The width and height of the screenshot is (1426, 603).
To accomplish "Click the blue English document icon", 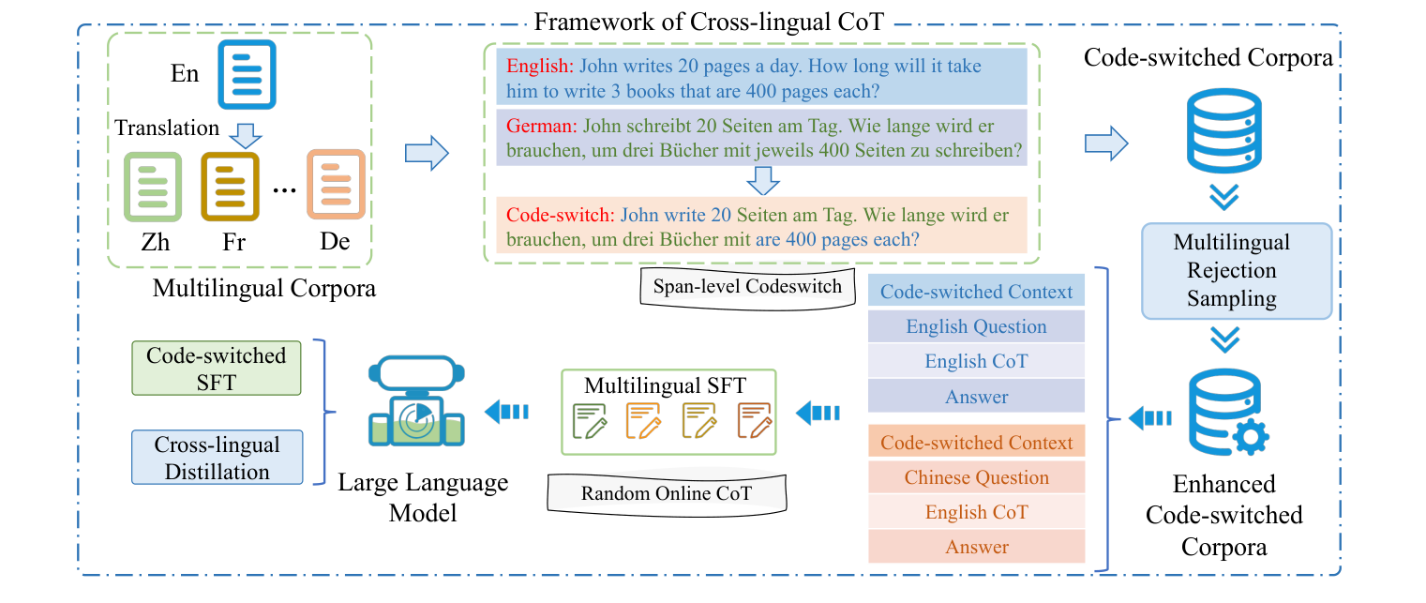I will point(247,74).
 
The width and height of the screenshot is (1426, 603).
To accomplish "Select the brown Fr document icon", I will point(230,186).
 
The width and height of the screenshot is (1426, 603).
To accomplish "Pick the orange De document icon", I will point(335,186).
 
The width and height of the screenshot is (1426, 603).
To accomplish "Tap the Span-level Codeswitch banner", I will point(747,287).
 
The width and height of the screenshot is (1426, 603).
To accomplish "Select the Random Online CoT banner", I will point(666,492).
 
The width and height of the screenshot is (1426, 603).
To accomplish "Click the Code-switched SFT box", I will point(218,369).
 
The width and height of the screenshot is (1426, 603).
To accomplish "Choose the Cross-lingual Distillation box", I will point(218,458).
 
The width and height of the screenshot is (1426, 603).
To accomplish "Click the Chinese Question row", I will point(976,477).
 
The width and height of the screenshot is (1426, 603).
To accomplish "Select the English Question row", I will point(976,326).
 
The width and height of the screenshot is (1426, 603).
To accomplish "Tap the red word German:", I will point(541,125).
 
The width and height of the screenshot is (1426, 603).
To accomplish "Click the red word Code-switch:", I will point(560,214).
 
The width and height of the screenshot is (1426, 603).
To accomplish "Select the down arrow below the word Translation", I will point(246,137).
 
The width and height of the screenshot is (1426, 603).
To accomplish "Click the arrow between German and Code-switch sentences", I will point(764,178).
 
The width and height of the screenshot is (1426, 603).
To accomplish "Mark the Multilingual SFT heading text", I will point(666,385).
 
